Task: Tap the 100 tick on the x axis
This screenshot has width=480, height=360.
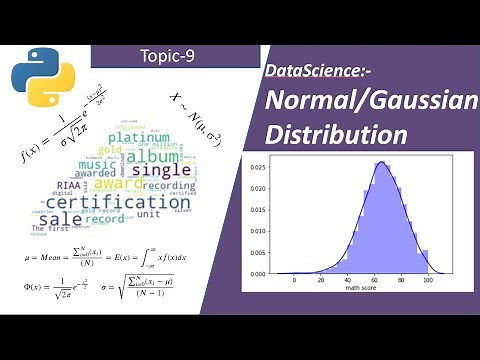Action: tap(427, 281)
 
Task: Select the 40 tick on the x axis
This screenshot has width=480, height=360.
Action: tap(347, 281)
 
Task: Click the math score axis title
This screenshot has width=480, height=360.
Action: tap(361, 291)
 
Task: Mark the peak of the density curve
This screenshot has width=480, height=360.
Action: tap(381, 162)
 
